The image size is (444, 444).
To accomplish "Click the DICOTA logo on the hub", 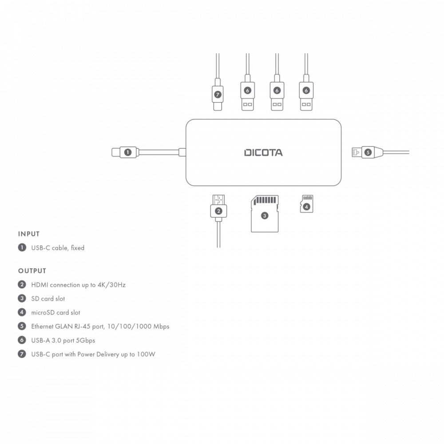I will coord(263,153).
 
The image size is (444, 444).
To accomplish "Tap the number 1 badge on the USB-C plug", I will coord(128,152).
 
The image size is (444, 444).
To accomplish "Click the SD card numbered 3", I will coord(264,215).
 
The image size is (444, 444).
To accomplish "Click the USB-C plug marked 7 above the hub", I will coord(217,94).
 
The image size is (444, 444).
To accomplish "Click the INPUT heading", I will coord(29,234).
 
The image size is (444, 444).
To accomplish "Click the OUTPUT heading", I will coord(32,270).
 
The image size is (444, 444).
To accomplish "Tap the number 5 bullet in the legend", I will coord(22,326).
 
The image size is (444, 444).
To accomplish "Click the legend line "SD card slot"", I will coord(48,299).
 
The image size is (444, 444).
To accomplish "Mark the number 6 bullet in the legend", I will coord(22,340).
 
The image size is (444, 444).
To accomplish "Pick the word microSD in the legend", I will coord(43,313).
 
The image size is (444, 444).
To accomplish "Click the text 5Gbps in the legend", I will coord(85,340).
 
